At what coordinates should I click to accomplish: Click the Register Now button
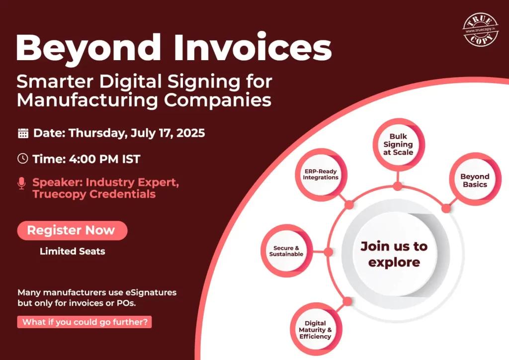click(72, 230)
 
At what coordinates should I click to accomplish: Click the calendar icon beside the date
click(23, 133)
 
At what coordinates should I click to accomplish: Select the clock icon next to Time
click(23, 159)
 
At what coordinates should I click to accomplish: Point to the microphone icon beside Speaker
click(21, 183)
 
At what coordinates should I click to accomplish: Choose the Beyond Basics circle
click(475, 180)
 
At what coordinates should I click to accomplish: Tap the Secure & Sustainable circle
click(286, 251)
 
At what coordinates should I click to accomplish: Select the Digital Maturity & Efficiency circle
click(315, 330)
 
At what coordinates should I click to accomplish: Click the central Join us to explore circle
click(394, 254)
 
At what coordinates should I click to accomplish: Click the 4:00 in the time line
click(82, 159)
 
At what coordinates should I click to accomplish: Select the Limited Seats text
click(72, 251)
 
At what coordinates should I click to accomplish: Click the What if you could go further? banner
click(85, 322)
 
